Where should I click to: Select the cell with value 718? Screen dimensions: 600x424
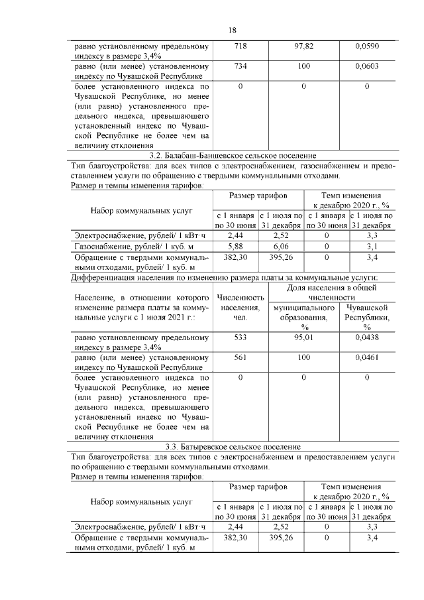tap(240, 47)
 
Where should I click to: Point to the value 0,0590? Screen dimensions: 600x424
tap(367, 47)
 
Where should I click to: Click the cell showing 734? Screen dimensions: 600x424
tap(240, 67)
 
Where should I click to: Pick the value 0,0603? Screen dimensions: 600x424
tap(367, 67)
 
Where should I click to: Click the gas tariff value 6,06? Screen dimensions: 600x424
tap(281, 246)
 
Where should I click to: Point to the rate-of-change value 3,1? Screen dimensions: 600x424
tap(372, 246)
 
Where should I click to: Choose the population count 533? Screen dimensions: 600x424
tap(240, 337)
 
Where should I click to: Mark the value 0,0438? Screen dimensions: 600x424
tap(367, 337)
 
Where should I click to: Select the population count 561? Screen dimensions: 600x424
tap(240, 357)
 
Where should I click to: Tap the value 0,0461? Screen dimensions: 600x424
tap(367, 357)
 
